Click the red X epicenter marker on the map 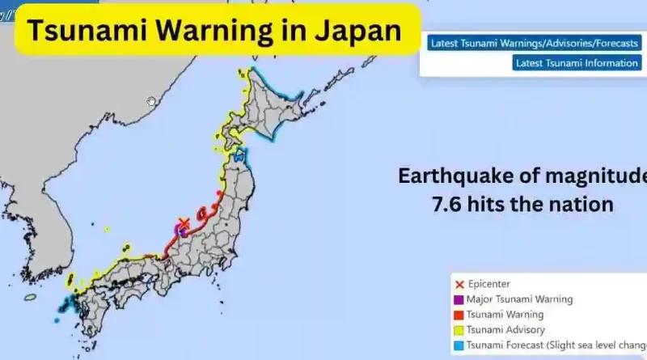tap(184, 222)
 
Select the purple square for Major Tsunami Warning tap(460, 299)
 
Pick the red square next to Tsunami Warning tap(460, 315)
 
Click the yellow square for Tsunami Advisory tap(460, 330)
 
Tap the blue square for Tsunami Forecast tap(460, 345)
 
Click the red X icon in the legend tap(460, 284)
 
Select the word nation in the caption tap(582, 204)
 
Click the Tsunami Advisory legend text tap(507, 330)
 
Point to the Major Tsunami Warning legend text tap(521, 299)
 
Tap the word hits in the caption tap(505, 204)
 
